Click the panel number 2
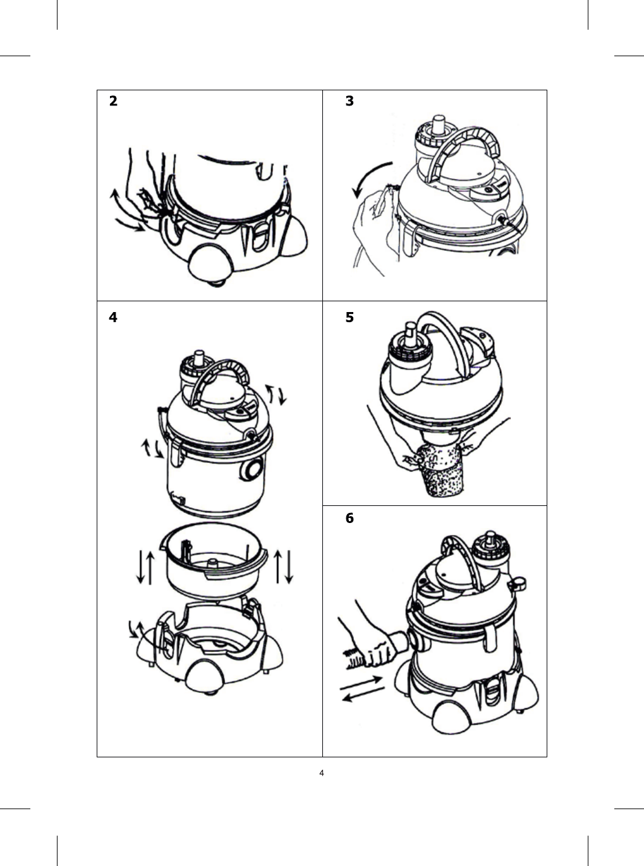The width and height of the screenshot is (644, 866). tap(113, 101)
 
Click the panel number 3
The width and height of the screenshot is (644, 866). tap(349, 101)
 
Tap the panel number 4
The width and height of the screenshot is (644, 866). tap(113, 318)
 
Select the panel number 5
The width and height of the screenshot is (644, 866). tap(349, 318)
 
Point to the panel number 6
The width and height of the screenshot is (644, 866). tap(349, 518)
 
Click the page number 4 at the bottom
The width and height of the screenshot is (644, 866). tap(322, 773)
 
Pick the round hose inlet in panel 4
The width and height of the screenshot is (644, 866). tap(252, 470)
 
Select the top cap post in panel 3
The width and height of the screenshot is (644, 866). tap(439, 124)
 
